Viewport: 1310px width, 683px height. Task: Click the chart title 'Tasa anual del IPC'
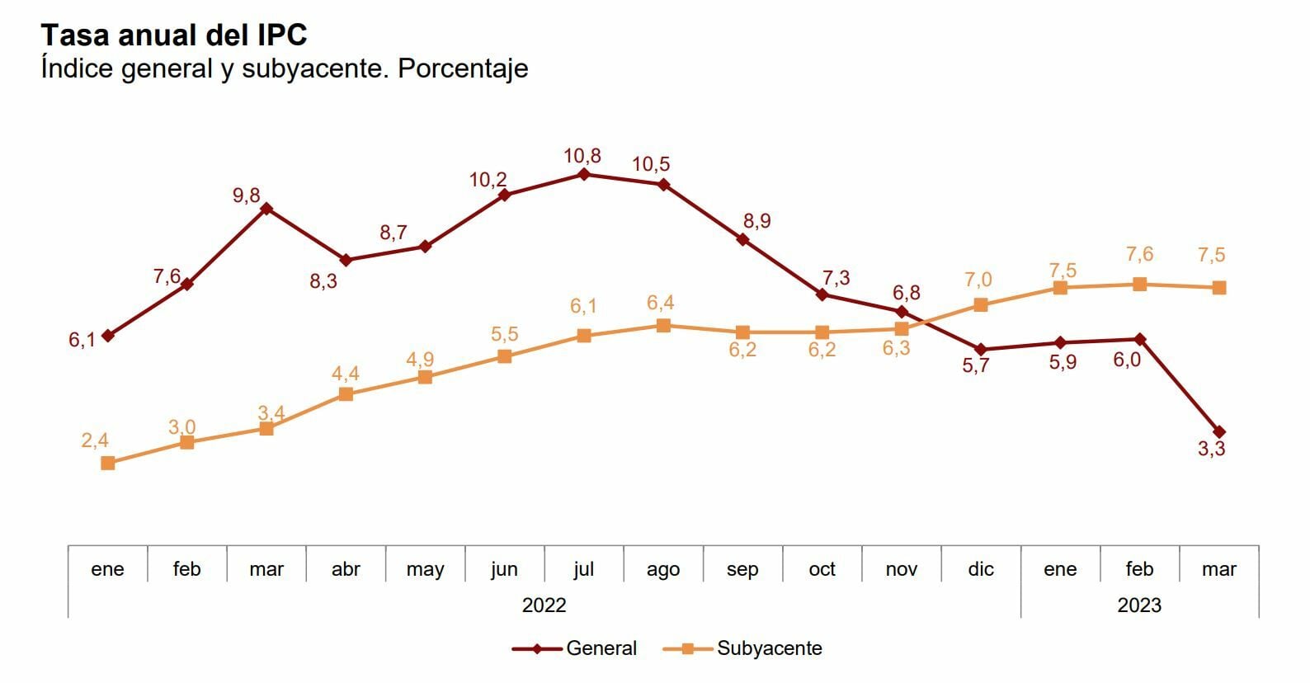click(x=174, y=35)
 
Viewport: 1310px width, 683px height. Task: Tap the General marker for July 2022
click(x=584, y=174)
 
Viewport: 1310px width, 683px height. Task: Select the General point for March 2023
click(x=1219, y=431)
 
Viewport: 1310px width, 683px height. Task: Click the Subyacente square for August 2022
click(x=663, y=326)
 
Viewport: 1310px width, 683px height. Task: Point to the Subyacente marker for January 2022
click(x=108, y=464)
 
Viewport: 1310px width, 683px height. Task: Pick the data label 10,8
click(x=582, y=155)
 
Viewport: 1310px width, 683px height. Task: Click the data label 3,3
click(x=1211, y=449)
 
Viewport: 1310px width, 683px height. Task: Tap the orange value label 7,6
click(x=1139, y=254)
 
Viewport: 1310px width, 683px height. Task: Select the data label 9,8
click(x=247, y=195)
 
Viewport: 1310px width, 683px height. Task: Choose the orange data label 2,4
click(x=95, y=440)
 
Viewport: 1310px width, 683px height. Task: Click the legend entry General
click(x=601, y=648)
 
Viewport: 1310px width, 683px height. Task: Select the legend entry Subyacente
click(x=769, y=648)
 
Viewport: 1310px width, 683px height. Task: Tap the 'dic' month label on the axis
click(x=981, y=569)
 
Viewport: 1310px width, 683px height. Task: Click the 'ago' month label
click(x=663, y=569)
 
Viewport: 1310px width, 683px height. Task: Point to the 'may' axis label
click(x=425, y=569)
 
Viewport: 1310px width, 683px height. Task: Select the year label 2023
click(x=1139, y=605)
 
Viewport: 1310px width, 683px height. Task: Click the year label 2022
click(x=544, y=605)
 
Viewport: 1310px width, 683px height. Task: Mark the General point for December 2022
click(x=981, y=350)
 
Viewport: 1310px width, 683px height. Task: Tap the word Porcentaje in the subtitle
click(x=463, y=68)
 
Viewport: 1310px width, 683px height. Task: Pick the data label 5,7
click(x=976, y=366)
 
